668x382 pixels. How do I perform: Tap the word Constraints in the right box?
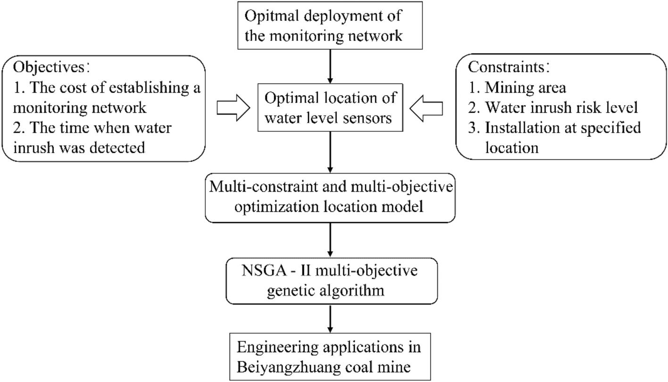(499, 66)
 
